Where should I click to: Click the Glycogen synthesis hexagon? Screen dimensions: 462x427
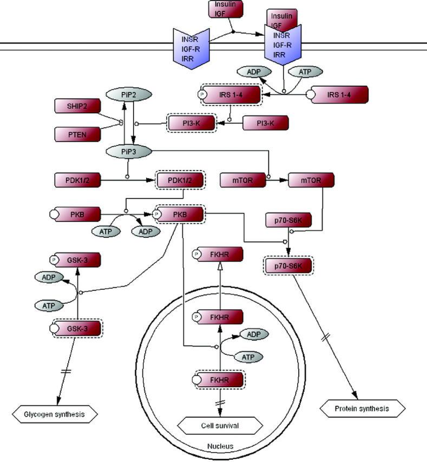pos(54,415)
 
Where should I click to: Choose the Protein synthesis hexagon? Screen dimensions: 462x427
pos(363,408)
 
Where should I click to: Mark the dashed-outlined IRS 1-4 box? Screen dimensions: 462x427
pos(231,95)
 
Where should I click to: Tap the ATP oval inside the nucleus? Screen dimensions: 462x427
pos(248,357)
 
